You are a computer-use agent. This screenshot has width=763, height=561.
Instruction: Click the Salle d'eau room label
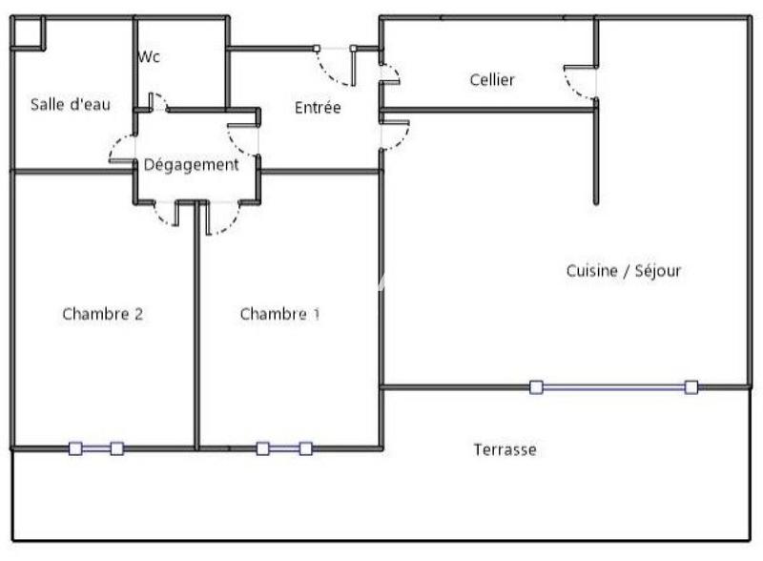(71, 104)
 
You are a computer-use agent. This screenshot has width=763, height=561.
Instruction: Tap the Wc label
(149, 57)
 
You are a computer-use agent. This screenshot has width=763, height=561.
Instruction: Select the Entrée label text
(318, 108)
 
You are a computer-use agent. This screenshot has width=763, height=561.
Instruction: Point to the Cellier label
(492, 80)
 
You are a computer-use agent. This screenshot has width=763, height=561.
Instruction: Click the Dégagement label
(191, 164)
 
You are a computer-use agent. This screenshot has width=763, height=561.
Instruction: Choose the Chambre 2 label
(102, 313)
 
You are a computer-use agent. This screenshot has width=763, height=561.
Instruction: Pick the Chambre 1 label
(279, 313)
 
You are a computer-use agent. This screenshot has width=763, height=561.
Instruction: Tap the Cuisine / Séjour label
(624, 270)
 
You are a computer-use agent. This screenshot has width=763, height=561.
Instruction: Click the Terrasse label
(505, 449)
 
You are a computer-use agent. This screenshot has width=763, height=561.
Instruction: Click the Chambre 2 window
(96, 447)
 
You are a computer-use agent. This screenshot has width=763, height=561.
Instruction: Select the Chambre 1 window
(284, 447)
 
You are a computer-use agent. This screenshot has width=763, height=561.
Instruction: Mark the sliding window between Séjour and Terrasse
(613, 386)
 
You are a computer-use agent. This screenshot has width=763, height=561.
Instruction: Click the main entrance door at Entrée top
(335, 65)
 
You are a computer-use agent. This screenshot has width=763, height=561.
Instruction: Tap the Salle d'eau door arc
(120, 149)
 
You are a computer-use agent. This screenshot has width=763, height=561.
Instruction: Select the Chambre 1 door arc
(221, 220)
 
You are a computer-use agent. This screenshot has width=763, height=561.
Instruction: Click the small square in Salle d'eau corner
(28, 31)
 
